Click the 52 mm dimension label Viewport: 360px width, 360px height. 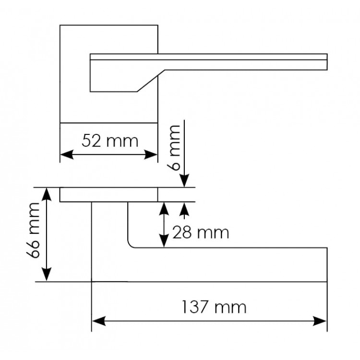[110, 141]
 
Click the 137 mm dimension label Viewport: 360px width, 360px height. [214, 307]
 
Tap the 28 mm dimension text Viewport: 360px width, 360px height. [201, 232]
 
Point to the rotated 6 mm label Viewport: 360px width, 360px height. [174, 148]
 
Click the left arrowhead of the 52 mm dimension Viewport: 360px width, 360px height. [67, 155]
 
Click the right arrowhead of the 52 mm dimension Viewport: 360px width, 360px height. [151, 155]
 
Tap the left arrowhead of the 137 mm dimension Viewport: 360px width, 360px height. [99, 321]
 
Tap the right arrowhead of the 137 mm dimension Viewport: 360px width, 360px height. [320, 321]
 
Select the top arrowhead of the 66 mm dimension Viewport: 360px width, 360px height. [47, 194]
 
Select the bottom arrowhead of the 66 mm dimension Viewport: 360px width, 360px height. [47, 275]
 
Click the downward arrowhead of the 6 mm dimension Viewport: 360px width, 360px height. [184, 180]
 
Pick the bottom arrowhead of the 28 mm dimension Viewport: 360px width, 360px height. [164, 241]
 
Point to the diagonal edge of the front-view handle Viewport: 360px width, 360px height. [151, 81]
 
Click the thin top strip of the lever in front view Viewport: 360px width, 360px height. [208, 57]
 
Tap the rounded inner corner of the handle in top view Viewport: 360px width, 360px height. [130, 245]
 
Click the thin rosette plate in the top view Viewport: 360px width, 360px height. [109, 195]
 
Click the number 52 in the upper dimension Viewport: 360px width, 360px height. [91, 141]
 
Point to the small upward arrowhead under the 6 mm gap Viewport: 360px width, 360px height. [184, 209]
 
